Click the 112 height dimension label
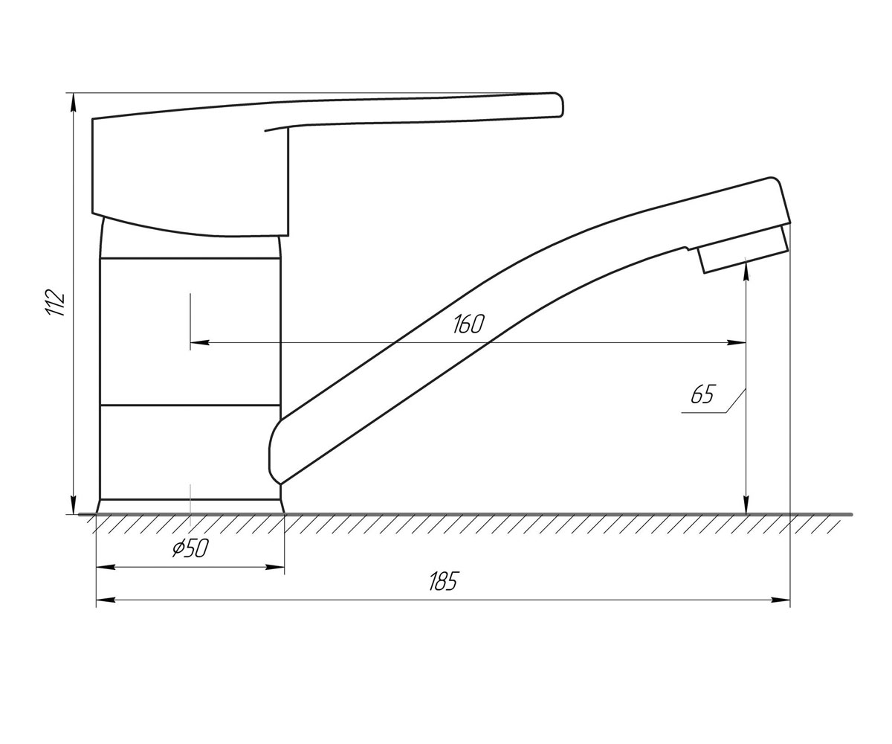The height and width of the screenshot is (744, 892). point(56,303)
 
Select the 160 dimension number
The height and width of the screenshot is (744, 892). point(468,324)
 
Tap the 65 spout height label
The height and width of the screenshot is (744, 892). point(702,394)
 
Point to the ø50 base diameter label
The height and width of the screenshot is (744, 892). point(190,548)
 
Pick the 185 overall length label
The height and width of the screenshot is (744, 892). point(444,582)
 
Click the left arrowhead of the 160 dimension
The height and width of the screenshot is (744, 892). point(199,342)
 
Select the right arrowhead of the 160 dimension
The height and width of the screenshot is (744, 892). point(737,342)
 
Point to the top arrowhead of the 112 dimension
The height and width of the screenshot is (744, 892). point(74,103)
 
